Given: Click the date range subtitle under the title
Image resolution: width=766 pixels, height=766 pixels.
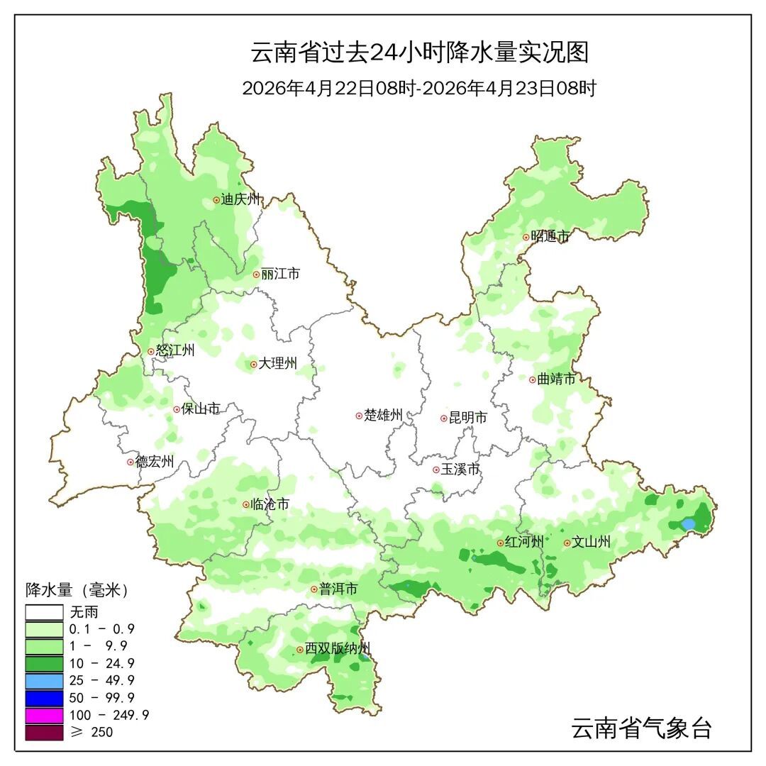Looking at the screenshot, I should [x=419, y=89].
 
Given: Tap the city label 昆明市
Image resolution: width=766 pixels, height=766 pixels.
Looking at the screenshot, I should [x=468, y=418].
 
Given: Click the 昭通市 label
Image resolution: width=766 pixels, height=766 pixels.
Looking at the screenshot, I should [x=550, y=237].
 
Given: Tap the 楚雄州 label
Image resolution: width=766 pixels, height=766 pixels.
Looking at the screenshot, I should [x=383, y=416].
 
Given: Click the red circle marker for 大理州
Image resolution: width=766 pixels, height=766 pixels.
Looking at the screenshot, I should [x=254, y=365].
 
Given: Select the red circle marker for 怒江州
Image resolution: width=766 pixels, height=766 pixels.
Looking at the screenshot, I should [x=151, y=351].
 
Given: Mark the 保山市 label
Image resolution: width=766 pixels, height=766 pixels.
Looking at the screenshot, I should [x=201, y=409].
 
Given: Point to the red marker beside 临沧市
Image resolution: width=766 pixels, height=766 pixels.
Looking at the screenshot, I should [x=246, y=505].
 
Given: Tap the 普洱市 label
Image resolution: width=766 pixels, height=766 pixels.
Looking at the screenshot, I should [x=338, y=589].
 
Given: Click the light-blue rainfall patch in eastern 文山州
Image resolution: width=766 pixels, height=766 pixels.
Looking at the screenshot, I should [x=688, y=524].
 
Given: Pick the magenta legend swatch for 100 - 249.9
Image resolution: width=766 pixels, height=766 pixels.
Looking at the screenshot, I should [x=44, y=715].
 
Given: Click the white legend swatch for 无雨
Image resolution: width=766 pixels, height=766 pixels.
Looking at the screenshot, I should [x=44, y=611].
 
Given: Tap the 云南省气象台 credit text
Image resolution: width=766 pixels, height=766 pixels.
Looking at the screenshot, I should [x=641, y=728].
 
